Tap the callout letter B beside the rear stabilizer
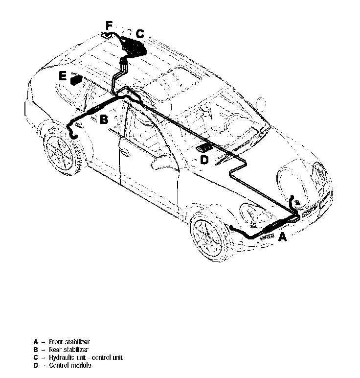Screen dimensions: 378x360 click(x=104, y=119)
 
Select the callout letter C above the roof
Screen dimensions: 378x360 click(x=140, y=33)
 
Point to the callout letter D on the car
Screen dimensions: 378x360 click(x=204, y=160)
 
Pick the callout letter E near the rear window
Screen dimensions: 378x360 click(x=62, y=76)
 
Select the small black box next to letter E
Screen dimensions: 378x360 click(x=76, y=79)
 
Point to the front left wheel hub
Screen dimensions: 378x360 click(x=209, y=236)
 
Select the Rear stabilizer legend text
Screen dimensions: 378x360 click(x=68, y=350)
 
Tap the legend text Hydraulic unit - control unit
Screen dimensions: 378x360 click(x=86, y=357)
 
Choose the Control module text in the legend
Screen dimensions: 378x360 click(x=69, y=365)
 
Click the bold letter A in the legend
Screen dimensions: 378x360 click(x=36, y=341)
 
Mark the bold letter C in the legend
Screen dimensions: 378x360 click(x=36, y=357)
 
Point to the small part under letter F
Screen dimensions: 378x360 click(x=107, y=35)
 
